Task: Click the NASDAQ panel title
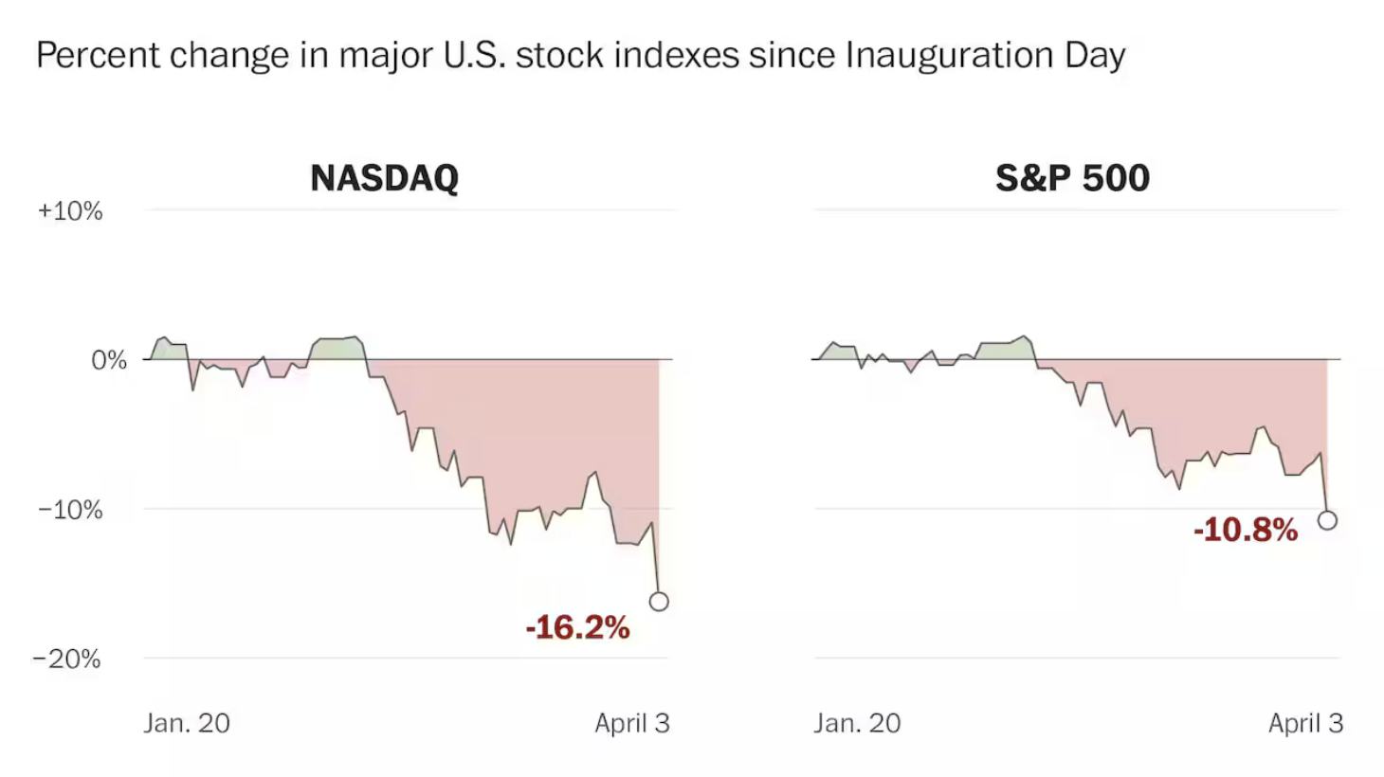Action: coord(384,178)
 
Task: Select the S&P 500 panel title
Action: coord(1072,178)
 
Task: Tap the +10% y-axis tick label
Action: coord(70,210)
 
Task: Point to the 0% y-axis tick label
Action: coord(108,360)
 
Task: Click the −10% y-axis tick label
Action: coord(70,510)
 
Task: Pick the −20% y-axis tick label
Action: coord(66,659)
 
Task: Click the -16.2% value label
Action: coord(577,627)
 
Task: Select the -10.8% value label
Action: coord(1245,530)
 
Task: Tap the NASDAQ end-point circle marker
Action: coord(659,602)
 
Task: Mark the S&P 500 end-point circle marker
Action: coord(1327,520)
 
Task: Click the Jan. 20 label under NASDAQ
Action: coord(187,723)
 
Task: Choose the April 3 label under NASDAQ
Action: coord(631,723)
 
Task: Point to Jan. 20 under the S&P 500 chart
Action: coord(857,723)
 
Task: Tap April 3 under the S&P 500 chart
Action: coord(1305,723)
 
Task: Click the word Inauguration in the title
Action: coord(949,55)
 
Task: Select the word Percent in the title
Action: coord(99,55)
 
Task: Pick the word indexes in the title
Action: coord(676,55)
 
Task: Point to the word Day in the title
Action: coord(1095,55)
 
